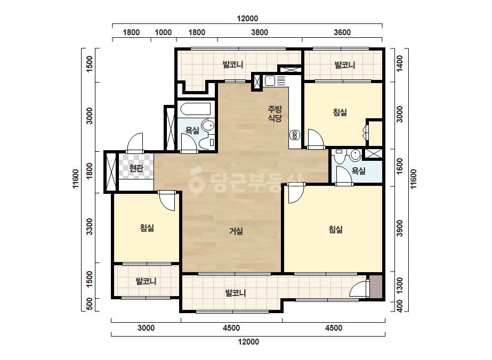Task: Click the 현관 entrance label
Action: pyautogui.click(x=136, y=169)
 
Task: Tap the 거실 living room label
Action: pyautogui.click(x=236, y=232)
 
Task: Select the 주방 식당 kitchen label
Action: pyautogui.click(x=275, y=113)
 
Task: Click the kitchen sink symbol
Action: pyautogui.click(x=270, y=81)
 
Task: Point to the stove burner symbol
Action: pyautogui.click(x=294, y=135)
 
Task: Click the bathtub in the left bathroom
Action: pyautogui.click(x=196, y=109)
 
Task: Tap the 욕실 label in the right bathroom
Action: pyautogui.click(x=358, y=171)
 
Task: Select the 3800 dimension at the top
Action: pyautogui.click(x=260, y=32)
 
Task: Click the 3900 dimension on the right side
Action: pyautogui.click(x=399, y=228)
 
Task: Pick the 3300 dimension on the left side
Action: pyautogui.click(x=90, y=226)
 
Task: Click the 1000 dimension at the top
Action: pyautogui.click(x=163, y=32)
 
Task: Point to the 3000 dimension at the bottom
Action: pyautogui.click(x=146, y=328)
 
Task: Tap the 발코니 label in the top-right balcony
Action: pyautogui.click(x=344, y=65)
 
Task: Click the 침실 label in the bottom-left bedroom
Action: pyautogui.click(x=147, y=228)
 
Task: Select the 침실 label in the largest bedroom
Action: pyautogui.click(x=335, y=230)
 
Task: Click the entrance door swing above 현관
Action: pyautogui.click(x=135, y=143)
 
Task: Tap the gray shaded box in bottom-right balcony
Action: pyautogui.click(x=376, y=287)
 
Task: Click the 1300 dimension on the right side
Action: pyautogui.click(x=399, y=286)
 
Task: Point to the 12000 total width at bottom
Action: pyautogui.click(x=248, y=342)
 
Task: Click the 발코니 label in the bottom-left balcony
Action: pyautogui.click(x=146, y=281)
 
